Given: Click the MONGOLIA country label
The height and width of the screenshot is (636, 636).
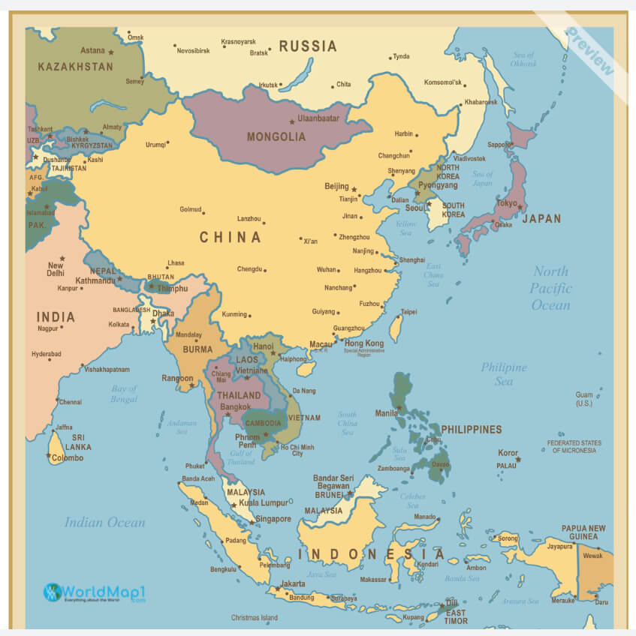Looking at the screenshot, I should [277, 136].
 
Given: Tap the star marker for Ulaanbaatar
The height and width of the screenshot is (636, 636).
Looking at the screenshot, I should [292, 121].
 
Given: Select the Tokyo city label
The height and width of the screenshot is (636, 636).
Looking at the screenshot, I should [507, 203].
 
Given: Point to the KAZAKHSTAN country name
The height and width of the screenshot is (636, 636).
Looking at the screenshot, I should [75, 67].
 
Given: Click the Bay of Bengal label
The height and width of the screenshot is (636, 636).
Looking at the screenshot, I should [124, 394].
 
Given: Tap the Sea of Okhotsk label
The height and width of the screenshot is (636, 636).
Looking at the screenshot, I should [524, 59].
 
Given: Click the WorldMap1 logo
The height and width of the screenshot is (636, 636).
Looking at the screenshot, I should [94, 593].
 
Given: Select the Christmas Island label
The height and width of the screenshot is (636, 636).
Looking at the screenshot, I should [254, 618].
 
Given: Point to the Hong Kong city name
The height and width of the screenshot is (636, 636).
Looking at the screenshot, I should [364, 343].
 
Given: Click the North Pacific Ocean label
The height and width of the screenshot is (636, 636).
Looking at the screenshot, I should [550, 288].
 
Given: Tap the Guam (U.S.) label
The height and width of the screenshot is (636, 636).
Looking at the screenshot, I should [584, 399].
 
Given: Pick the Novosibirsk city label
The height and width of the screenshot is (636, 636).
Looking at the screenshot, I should [198, 51].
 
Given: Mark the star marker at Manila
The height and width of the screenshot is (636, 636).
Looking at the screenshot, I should [399, 409].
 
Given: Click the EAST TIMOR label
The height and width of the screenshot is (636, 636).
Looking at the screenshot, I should [457, 616].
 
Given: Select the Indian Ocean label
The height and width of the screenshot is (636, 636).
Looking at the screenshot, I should [104, 522].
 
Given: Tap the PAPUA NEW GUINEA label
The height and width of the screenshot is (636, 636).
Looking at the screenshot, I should [583, 532].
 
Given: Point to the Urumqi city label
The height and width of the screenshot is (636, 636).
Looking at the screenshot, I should [155, 145].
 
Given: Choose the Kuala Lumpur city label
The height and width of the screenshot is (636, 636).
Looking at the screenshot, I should [264, 502].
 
